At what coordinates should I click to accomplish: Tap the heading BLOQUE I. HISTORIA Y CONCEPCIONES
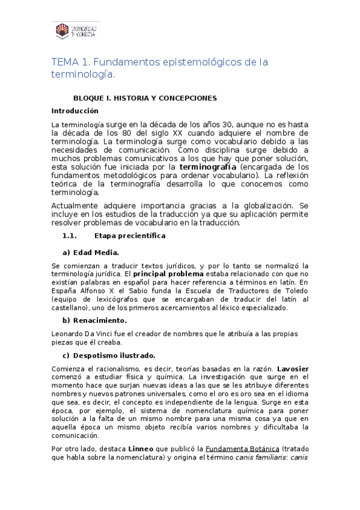144,98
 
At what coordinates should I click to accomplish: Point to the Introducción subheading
75,111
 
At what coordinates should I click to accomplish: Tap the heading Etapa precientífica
134,235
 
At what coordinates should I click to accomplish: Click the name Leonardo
69,334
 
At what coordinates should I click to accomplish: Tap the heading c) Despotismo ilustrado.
109,355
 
